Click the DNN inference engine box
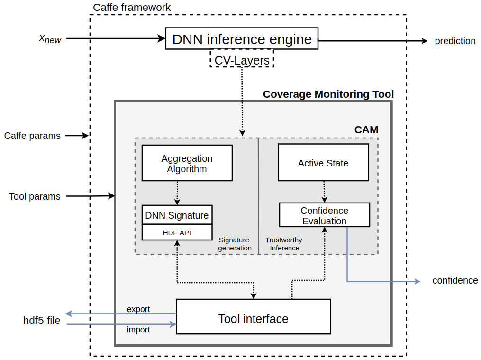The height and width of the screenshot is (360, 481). point(242,39)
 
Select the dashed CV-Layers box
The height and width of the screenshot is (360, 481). point(242,60)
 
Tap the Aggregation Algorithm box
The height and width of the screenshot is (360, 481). point(187,163)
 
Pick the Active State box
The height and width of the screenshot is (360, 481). point(323,163)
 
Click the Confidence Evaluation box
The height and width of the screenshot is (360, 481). point(325,215)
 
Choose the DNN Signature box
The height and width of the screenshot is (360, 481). point(177,215)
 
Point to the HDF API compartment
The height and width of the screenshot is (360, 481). point(177,232)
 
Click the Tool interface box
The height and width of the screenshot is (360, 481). point(253,319)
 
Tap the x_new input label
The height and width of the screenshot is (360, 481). point(50,39)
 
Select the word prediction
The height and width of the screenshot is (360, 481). point(455,41)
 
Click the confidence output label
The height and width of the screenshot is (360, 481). point(455,280)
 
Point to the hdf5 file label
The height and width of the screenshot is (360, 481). point(42,321)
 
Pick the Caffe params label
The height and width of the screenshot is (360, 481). point(32,136)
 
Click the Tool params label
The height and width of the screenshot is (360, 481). point(35,196)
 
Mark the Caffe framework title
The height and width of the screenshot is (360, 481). point(132,8)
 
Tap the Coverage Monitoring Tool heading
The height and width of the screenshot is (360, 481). point(328,94)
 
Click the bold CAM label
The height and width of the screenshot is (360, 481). point(366,129)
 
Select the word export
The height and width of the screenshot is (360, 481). point(138,309)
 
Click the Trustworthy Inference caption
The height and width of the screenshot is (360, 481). point(284,244)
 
